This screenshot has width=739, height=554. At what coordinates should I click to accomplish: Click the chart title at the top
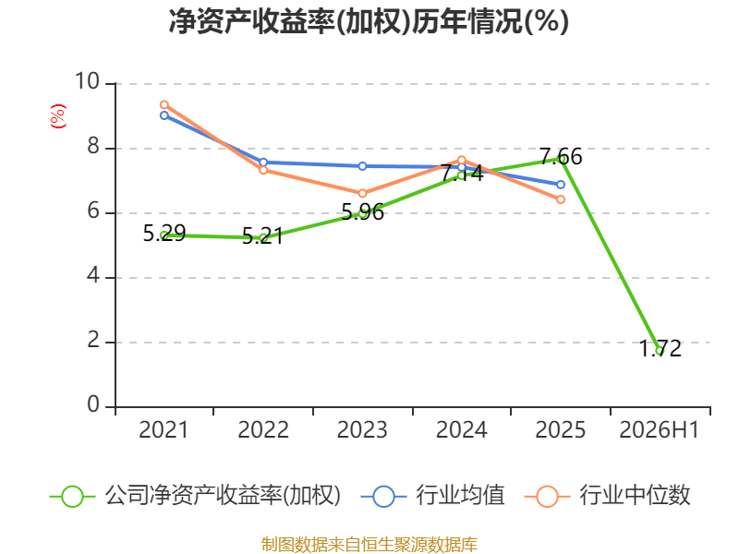pyautogui.click(x=369, y=21)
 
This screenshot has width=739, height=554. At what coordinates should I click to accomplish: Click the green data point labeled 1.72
pyautogui.click(x=660, y=351)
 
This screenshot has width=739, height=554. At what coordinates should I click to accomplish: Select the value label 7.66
pyautogui.click(x=561, y=156)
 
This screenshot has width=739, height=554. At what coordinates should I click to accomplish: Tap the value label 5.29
pyautogui.click(x=164, y=234)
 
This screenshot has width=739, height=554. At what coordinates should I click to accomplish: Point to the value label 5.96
pyautogui.click(x=362, y=212)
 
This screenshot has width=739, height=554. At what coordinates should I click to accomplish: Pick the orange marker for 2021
pyautogui.click(x=164, y=104)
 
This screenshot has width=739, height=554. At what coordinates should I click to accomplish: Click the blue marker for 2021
pyautogui.click(x=164, y=115)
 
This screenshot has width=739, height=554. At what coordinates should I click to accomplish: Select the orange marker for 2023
pyautogui.click(x=362, y=193)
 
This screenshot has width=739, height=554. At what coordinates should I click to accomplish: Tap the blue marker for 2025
pyautogui.click(x=561, y=185)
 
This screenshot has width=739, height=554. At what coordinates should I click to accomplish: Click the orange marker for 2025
pyautogui.click(x=561, y=199)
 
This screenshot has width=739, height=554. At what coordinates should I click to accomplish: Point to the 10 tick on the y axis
pyautogui.click(x=87, y=81)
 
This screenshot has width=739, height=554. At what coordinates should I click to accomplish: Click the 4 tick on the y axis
pyautogui.click(x=93, y=275)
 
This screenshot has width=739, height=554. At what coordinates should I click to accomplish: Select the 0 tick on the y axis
pyautogui.click(x=93, y=404)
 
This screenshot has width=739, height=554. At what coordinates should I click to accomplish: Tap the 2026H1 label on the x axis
pyautogui.click(x=659, y=430)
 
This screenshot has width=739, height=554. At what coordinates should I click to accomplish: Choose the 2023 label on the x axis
pyautogui.click(x=362, y=430)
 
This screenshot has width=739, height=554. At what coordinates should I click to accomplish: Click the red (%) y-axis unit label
pyautogui.click(x=58, y=116)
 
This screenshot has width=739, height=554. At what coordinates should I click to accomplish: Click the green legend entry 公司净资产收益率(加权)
pyautogui.click(x=195, y=496)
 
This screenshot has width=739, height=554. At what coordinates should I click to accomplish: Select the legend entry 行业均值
pyautogui.click(x=432, y=496)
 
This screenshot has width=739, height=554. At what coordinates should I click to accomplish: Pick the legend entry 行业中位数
pyautogui.click(x=607, y=496)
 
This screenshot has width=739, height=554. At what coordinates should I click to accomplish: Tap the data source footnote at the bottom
pyautogui.click(x=369, y=545)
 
